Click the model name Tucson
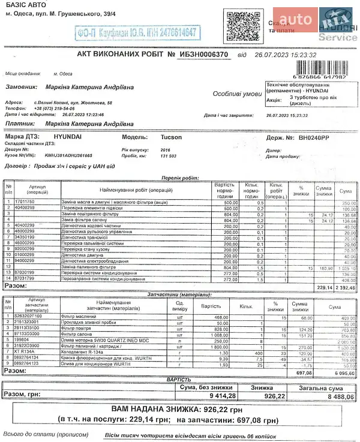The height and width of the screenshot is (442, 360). [172, 137]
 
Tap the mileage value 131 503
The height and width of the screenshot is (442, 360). [169, 155]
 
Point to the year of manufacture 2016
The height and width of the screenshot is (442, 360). [166, 149]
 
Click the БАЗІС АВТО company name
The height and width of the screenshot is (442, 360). [26, 6]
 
